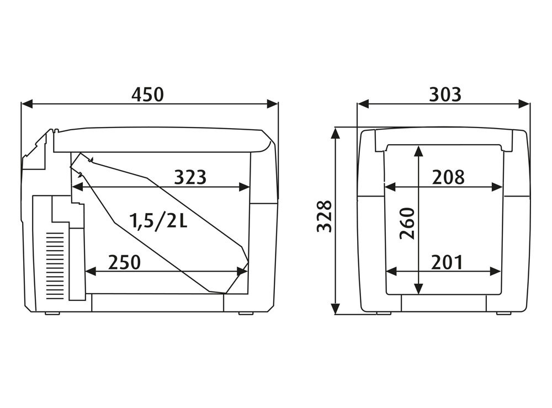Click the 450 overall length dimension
point(147,94)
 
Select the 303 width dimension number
point(445,94)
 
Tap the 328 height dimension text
point(325,216)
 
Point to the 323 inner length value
point(190,177)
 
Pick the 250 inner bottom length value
point(124,262)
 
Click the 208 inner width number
point(448,177)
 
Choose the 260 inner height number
point(407,224)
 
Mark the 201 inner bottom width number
point(447,262)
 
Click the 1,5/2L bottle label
point(158,221)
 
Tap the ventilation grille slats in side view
point(55,266)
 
